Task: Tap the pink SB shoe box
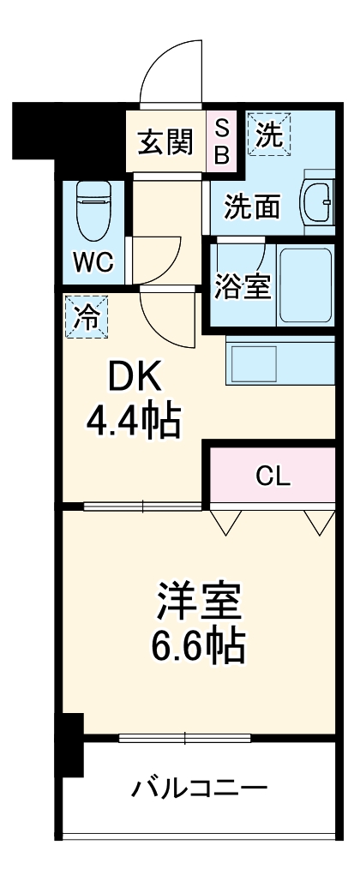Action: (x=221, y=141)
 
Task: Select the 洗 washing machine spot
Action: (x=269, y=135)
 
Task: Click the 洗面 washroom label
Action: (x=253, y=206)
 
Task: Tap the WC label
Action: (x=93, y=262)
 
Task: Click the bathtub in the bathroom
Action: (x=305, y=286)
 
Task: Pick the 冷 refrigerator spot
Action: (x=87, y=316)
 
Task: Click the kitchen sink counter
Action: (x=279, y=360)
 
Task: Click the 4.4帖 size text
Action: (x=134, y=419)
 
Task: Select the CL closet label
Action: (x=273, y=476)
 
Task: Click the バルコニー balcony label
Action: (x=199, y=787)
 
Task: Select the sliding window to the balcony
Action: (x=185, y=737)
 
